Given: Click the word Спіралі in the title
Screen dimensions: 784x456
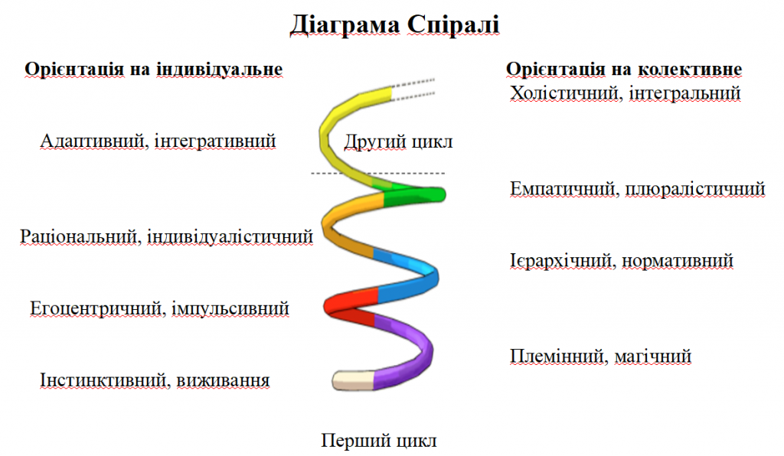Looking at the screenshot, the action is (452, 25).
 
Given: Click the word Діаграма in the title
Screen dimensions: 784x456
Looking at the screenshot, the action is (345, 25).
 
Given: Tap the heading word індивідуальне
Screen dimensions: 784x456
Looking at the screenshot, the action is (219, 69).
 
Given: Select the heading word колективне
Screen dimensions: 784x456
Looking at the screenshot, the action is (690, 69).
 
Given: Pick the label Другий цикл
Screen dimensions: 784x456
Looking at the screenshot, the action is (398, 142).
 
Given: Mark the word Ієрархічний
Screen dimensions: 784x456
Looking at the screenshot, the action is (563, 261).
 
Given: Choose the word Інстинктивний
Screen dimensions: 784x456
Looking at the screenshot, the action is (104, 380).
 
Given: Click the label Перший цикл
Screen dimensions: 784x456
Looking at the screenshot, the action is (378, 441).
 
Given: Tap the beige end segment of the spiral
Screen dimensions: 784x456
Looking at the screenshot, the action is (353, 380).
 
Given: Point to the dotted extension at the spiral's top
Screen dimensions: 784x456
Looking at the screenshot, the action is (413, 90).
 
